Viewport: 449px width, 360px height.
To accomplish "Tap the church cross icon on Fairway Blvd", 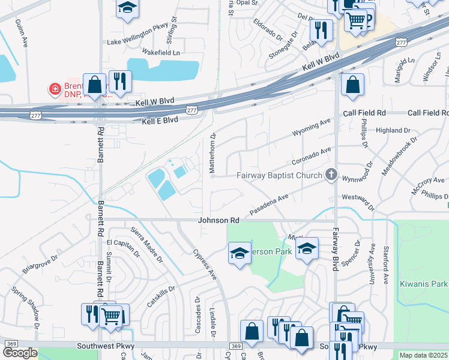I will click(x=330, y=175).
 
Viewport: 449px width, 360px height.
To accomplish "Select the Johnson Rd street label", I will click(x=219, y=221).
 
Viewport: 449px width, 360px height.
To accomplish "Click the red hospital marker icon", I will click(x=55, y=89).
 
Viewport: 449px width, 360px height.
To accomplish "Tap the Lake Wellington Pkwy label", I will click(x=136, y=43).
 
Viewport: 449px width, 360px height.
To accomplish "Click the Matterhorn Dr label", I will click(x=212, y=154).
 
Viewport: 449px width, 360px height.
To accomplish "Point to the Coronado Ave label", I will click(x=312, y=157).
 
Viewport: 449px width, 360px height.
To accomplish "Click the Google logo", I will click(x=20, y=353).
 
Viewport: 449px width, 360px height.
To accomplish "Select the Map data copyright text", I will click(x=423, y=355).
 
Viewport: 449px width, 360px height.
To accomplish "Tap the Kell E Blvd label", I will click(x=160, y=121).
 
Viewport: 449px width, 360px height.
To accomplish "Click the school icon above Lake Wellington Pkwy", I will click(x=127, y=8).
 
